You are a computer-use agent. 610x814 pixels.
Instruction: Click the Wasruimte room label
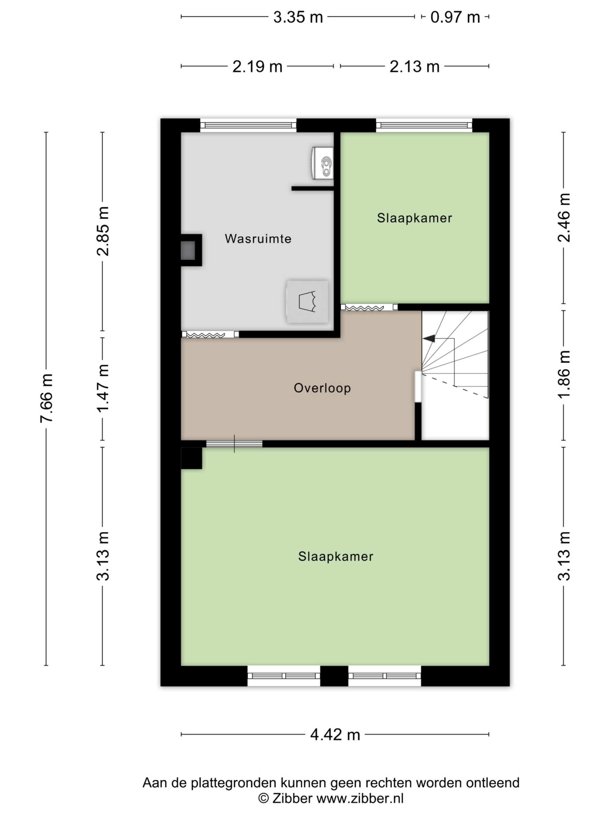[x=258, y=238]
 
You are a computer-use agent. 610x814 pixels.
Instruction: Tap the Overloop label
[x=322, y=388]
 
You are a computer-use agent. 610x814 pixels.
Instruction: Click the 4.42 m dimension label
[x=335, y=735]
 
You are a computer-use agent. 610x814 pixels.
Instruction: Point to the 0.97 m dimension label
[x=455, y=17]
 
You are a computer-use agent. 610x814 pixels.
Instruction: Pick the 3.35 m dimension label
[x=298, y=17]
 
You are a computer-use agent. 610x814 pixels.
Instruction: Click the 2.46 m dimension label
[x=564, y=217]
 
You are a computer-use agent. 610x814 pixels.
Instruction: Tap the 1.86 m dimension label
[x=564, y=374]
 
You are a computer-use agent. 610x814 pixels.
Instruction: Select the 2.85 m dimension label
[x=103, y=231]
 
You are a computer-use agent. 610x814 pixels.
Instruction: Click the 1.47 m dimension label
[x=103, y=388]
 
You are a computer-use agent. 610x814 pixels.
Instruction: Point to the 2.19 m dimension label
[x=257, y=66]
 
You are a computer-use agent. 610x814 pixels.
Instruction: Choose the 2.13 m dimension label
[x=414, y=66]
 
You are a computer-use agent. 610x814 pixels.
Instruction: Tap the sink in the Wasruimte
[x=323, y=163]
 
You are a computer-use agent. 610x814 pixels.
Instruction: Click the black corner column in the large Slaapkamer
[x=192, y=458]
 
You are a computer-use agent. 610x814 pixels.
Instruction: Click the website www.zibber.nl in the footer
[x=360, y=798]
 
